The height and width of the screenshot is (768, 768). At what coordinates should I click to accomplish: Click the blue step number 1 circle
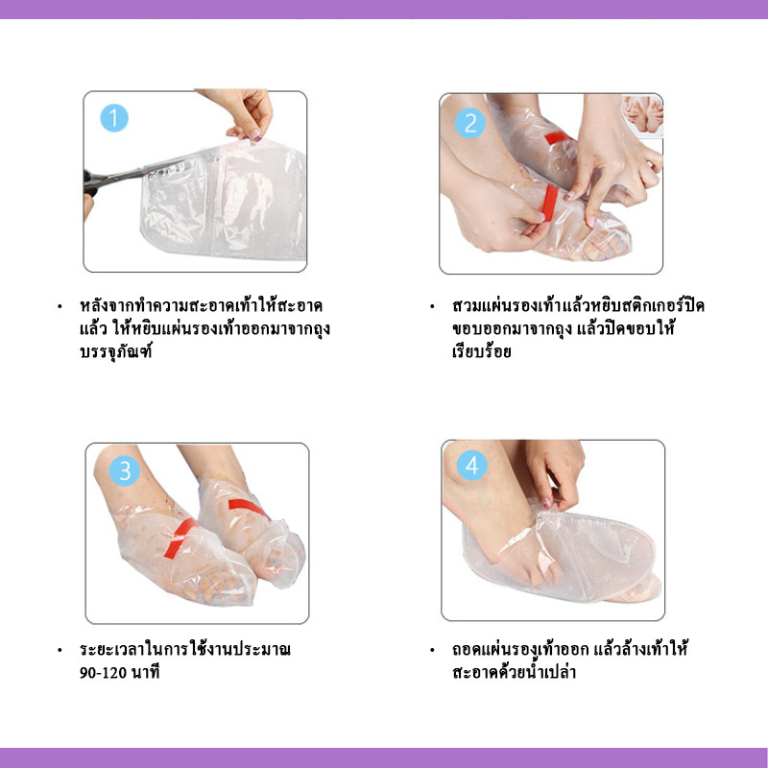pos(114,118)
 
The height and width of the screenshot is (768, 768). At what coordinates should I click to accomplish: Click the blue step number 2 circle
pos(469,123)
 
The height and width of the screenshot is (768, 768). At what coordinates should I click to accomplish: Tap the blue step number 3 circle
pos(125,470)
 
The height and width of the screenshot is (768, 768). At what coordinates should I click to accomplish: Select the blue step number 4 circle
pos(471,466)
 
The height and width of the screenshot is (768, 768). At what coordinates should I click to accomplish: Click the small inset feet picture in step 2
pos(642,115)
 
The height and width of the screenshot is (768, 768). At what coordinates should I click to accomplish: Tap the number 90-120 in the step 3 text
pos(104,673)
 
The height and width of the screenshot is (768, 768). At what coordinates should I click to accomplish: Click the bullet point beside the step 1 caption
pos(60,307)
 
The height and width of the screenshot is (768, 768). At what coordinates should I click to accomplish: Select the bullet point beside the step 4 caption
pos(432,651)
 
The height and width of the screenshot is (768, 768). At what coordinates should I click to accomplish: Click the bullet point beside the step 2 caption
pos(432,307)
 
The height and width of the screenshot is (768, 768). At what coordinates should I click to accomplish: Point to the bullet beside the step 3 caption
pos(60,651)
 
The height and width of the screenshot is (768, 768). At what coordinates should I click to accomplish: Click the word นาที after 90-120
pos(146,672)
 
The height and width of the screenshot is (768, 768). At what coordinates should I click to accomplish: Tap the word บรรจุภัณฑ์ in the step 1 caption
pos(115,351)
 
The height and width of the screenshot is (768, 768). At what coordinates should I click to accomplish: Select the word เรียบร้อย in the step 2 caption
pos(482,351)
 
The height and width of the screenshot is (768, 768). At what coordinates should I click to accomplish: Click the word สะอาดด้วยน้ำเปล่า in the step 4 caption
pos(514,671)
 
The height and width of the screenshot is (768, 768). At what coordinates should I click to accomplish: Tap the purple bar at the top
pos(384,10)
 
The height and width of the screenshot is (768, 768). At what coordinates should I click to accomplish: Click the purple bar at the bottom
pos(384,757)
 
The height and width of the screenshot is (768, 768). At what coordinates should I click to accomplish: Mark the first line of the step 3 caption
pos(185,650)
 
